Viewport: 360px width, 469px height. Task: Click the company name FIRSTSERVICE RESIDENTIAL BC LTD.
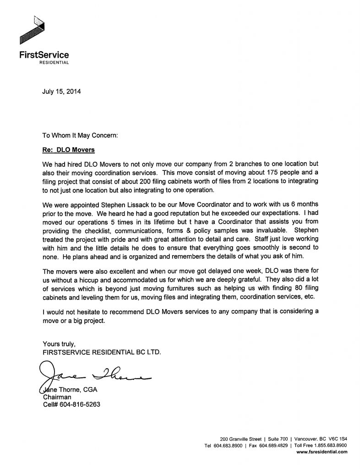(102, 352)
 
